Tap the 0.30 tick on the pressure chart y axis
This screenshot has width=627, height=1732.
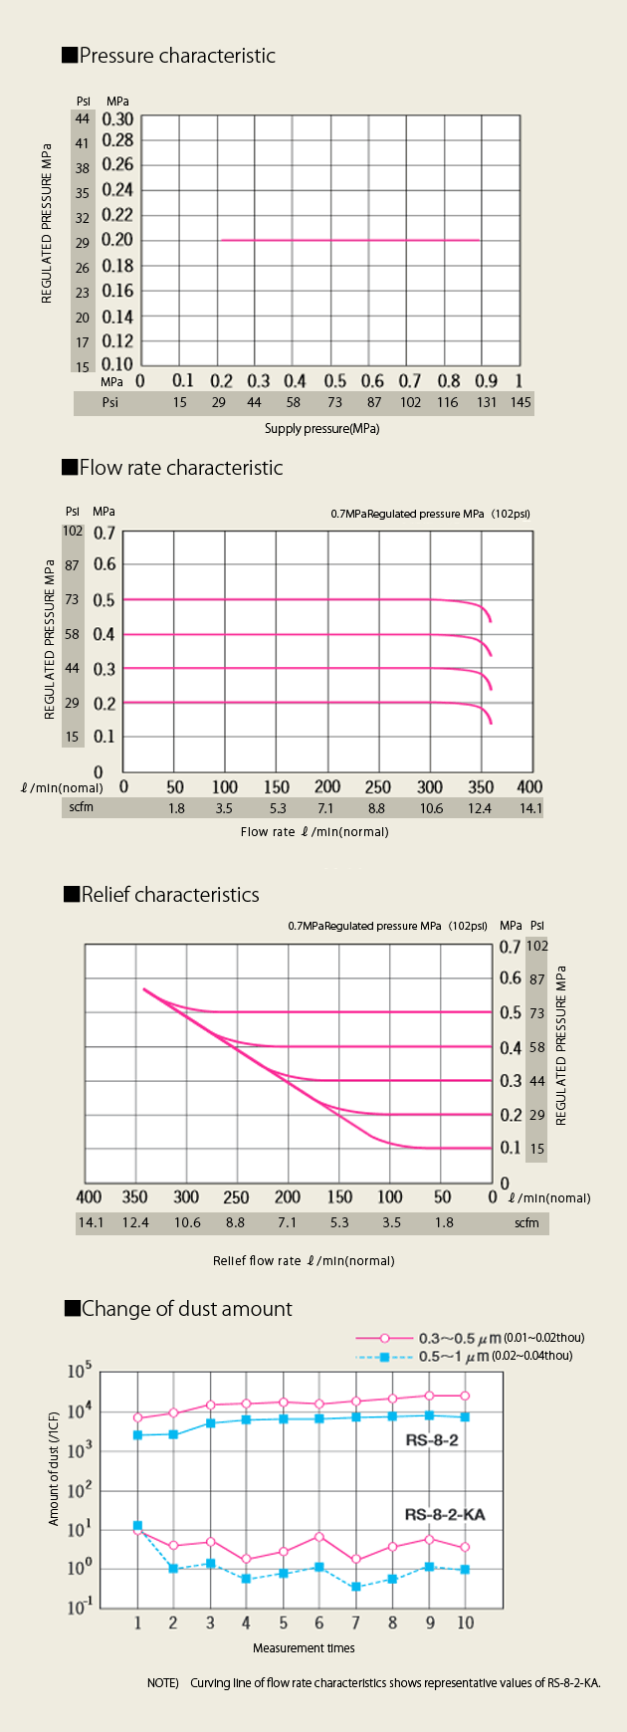117,119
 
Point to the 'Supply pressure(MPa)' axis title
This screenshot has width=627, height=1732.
321,429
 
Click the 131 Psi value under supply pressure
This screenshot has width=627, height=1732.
487,403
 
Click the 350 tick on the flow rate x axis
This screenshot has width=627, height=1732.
481,786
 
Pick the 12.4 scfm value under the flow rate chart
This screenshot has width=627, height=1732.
480,808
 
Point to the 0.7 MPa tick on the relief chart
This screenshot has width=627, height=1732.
511,947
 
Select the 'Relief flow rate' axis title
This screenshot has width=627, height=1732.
304,1260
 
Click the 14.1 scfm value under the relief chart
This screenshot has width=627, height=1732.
91,1222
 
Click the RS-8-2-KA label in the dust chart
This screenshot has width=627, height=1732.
445,1515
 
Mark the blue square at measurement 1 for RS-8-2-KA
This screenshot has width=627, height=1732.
137,1526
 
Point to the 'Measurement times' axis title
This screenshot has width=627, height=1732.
304,1648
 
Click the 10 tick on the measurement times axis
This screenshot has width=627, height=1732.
465,1623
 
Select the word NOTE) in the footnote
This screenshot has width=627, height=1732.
162,1683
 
